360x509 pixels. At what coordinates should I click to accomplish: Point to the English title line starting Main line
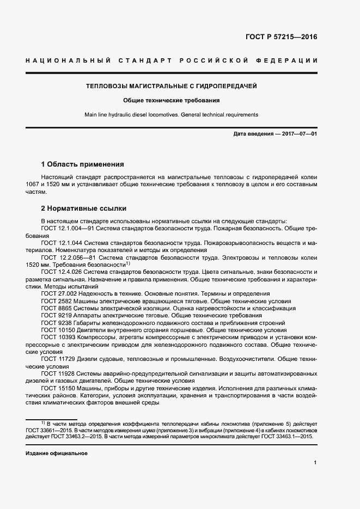[171, 115]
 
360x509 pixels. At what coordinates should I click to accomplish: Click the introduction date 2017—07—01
[298, 134]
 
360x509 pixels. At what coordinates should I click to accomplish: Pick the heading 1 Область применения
[83, 164]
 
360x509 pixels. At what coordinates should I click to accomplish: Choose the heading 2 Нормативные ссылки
[84, 208]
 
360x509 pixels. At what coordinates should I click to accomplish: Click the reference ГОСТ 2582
[54, 301]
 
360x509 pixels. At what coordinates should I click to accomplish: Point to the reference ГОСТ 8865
[54, 308]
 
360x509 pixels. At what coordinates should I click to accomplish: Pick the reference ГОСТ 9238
[54, 323]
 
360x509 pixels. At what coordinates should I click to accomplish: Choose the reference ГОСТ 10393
[56, 338]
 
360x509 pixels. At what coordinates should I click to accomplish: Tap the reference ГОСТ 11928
[56, 373]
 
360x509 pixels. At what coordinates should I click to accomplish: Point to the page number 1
[315, 463]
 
